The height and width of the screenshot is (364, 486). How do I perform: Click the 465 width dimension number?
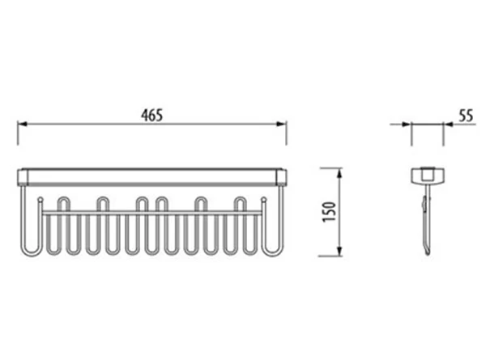[151, 116]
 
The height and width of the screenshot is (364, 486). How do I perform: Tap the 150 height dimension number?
[329, 212]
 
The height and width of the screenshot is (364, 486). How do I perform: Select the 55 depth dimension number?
[467, 116]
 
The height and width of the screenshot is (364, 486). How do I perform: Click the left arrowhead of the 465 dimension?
[23, 124]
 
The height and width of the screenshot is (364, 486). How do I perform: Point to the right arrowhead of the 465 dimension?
[281, 124]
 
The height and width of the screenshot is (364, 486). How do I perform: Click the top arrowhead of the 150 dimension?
[339, 173]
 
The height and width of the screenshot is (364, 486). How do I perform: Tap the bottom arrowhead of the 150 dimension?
[339, 252]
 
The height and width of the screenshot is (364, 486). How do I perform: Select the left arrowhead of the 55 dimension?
[407, 125]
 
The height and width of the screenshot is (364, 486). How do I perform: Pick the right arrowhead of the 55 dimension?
[448, 125]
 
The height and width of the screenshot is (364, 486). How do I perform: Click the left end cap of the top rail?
[23, 177]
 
